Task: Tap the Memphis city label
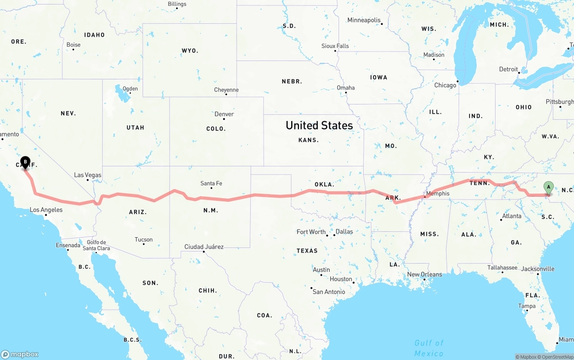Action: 437,194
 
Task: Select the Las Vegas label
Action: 88,175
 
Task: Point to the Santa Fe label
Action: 211,183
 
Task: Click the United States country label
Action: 319,125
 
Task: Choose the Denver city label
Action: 224,114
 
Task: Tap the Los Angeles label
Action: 46,209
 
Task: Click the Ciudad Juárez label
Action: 204,247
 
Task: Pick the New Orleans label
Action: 424,274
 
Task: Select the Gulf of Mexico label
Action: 429,348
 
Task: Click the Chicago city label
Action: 445,85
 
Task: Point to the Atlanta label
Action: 512,216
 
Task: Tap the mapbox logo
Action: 20,354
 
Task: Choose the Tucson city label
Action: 143,239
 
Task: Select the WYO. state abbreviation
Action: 190,51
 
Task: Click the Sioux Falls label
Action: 335,46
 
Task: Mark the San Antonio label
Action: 329,291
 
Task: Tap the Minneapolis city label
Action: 364,20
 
